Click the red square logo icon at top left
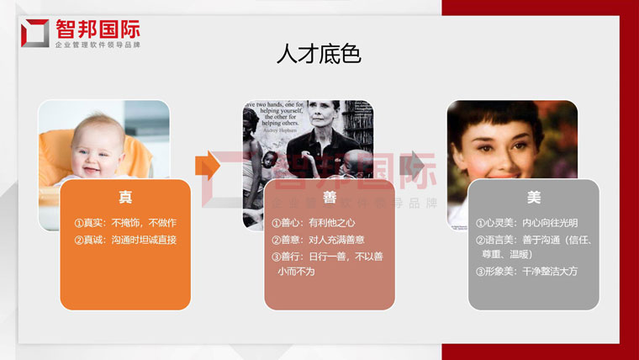tap(34, 32)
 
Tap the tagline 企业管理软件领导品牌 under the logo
tap(97, 44)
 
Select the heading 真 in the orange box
tap(124, 198)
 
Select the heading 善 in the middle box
tap(330, 198)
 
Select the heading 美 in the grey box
tap(534, 198)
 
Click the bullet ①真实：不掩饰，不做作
tap(125, 223)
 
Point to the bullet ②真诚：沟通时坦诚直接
tap(125, 241)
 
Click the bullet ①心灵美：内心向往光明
tap(526, 223)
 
